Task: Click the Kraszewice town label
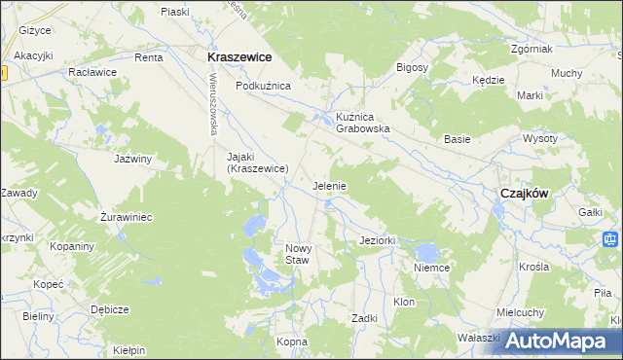pos(238,57)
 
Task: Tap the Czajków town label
pos(524,193)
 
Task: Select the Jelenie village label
pos(330,185)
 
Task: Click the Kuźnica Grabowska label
pos(363,122)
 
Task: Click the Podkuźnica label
pos(264,86)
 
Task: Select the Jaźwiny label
pos(134,158)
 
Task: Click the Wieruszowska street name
pos(208,108)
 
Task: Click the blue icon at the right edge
pos(610,238)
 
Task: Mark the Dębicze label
pos(110,309)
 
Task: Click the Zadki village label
pos(365,318)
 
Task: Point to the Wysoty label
pos(568,138)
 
